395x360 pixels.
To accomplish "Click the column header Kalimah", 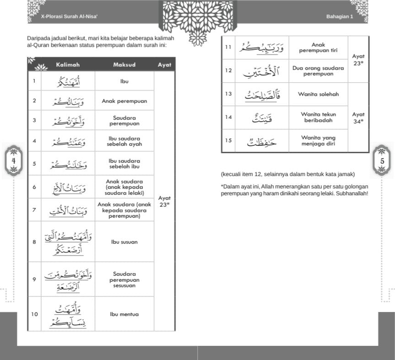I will coord(68,65).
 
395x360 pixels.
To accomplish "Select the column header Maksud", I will coord(124,65).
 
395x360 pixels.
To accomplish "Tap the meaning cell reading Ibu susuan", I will coord(124,242).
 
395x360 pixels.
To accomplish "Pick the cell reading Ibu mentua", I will coord(124,314).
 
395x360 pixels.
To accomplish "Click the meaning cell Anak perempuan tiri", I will coord(318,48).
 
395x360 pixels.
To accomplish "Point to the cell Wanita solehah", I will coord(318,94).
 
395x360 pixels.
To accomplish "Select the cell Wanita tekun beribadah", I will coord(318,117).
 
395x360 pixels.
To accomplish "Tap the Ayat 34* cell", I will coord(358,118).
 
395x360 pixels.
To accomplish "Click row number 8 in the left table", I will coord(34,242).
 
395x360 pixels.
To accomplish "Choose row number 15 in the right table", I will coord(228,140).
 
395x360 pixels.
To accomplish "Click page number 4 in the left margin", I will coord(14,161).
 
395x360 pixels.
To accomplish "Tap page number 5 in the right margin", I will coord(382,161).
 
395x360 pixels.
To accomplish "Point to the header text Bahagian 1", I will coord(340,16).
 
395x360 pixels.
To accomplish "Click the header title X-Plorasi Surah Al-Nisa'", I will coord(70,16).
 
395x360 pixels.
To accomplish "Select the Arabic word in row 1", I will coord(68,82).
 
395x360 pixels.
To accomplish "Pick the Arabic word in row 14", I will coord(261,118).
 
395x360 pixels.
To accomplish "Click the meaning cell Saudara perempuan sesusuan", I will coord(124,279).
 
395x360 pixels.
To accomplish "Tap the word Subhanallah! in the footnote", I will coord(353,193).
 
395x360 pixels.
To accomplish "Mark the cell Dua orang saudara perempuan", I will coord(318,71).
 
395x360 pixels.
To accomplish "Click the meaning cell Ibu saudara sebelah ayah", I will coord(124,141).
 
